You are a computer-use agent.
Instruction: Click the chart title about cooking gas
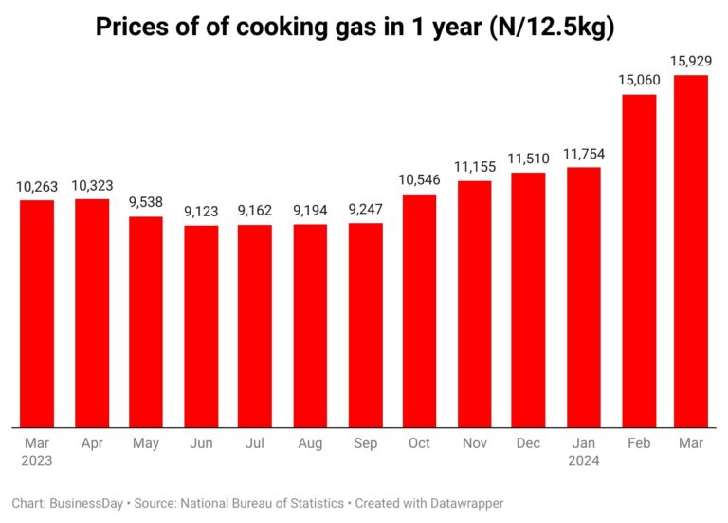[x=355, y=28]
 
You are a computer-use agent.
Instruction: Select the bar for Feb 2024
[x=638, y=261]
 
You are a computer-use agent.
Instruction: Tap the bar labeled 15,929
[x=692, y=252]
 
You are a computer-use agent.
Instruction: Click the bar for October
[x=419, y=310]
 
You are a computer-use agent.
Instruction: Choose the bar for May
[x=146, y=322]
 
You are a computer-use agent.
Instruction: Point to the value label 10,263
[x=37, y=187]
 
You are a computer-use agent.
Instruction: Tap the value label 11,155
[x=474, y=167]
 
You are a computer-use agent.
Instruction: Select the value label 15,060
[x=638, y=81]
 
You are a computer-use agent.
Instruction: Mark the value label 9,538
[x=146, y=203]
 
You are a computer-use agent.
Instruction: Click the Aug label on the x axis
[x=310, y=443]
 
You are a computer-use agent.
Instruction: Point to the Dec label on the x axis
[x=528, y=443]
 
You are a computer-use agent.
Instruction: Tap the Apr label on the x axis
[x=92, y=443]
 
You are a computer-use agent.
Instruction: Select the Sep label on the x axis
[x=365, y=443]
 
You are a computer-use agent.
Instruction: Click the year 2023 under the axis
[x=37, y=461]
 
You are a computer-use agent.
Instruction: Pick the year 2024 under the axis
[x=583, y=461]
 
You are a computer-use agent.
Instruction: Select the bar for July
[x=255, y=326]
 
